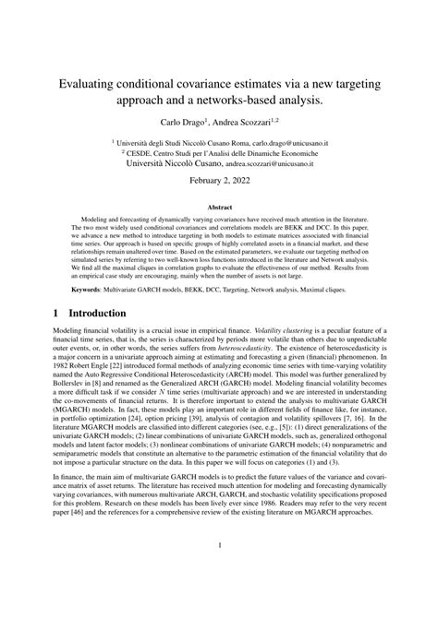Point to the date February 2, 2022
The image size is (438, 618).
[x=219, y=180]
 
